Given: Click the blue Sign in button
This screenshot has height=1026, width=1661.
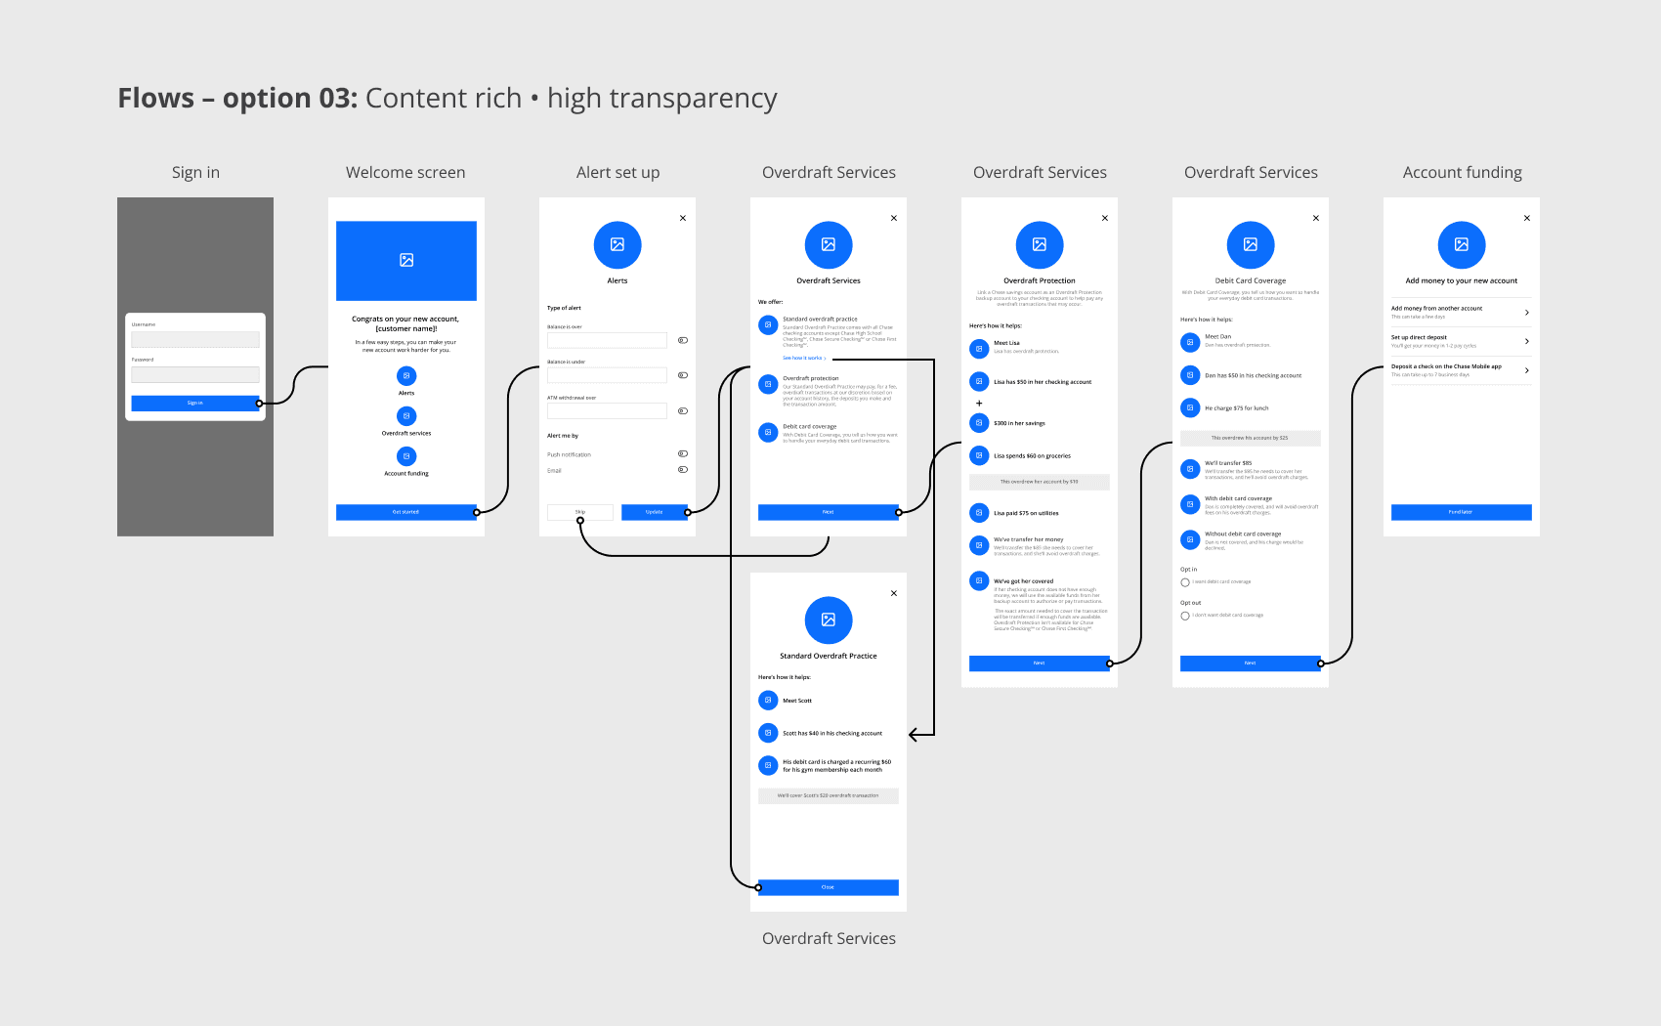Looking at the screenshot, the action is tap(194, 403).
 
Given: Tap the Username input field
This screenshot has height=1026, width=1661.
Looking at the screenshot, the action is tap(195, 339).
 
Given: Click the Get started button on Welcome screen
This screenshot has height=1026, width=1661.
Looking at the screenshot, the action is tap(405, 512).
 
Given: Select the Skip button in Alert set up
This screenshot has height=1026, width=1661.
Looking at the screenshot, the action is tap(580, 512).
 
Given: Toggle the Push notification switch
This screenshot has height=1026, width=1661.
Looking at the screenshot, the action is tap(683, 454).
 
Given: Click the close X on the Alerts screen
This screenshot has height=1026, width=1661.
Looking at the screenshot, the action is tap(683, 218).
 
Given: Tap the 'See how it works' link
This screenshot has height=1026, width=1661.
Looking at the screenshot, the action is tap(803, 359).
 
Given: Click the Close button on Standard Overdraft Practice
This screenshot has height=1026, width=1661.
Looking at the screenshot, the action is tap(828, 887).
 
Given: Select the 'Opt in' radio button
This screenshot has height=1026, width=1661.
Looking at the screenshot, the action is tap(1185, 582).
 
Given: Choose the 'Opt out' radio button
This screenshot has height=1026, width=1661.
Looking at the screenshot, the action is tap(1185, 616).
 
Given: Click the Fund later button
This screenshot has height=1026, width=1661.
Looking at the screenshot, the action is tap(1461, 512).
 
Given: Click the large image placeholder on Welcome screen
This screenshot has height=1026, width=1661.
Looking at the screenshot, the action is tap(406, 260).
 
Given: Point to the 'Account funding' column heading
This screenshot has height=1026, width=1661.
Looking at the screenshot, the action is tap(1462, 173).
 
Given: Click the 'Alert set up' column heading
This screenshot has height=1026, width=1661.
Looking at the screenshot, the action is tap(618, 173).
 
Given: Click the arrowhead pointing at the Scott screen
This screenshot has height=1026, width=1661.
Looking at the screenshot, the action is tap(915, 734).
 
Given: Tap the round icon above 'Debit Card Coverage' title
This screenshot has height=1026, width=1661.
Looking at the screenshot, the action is tap(1251, 244).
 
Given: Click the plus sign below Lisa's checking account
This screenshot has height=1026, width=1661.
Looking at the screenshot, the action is tap(979, 403).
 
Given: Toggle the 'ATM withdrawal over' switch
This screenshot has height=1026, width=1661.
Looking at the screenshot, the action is tap(683, 411).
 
